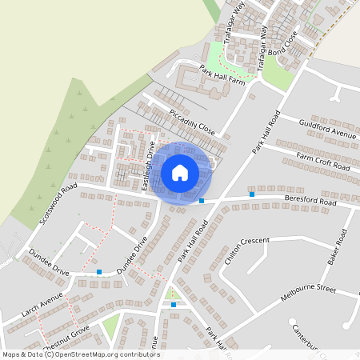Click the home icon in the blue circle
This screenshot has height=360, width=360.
180,173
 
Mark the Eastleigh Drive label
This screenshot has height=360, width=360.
148,166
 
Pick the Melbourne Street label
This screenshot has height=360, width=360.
309,292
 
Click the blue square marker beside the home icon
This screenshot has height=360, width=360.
202,200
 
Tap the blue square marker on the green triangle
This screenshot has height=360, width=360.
174,304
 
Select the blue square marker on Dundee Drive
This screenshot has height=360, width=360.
99,272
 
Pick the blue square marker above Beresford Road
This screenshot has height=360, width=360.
251,194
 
